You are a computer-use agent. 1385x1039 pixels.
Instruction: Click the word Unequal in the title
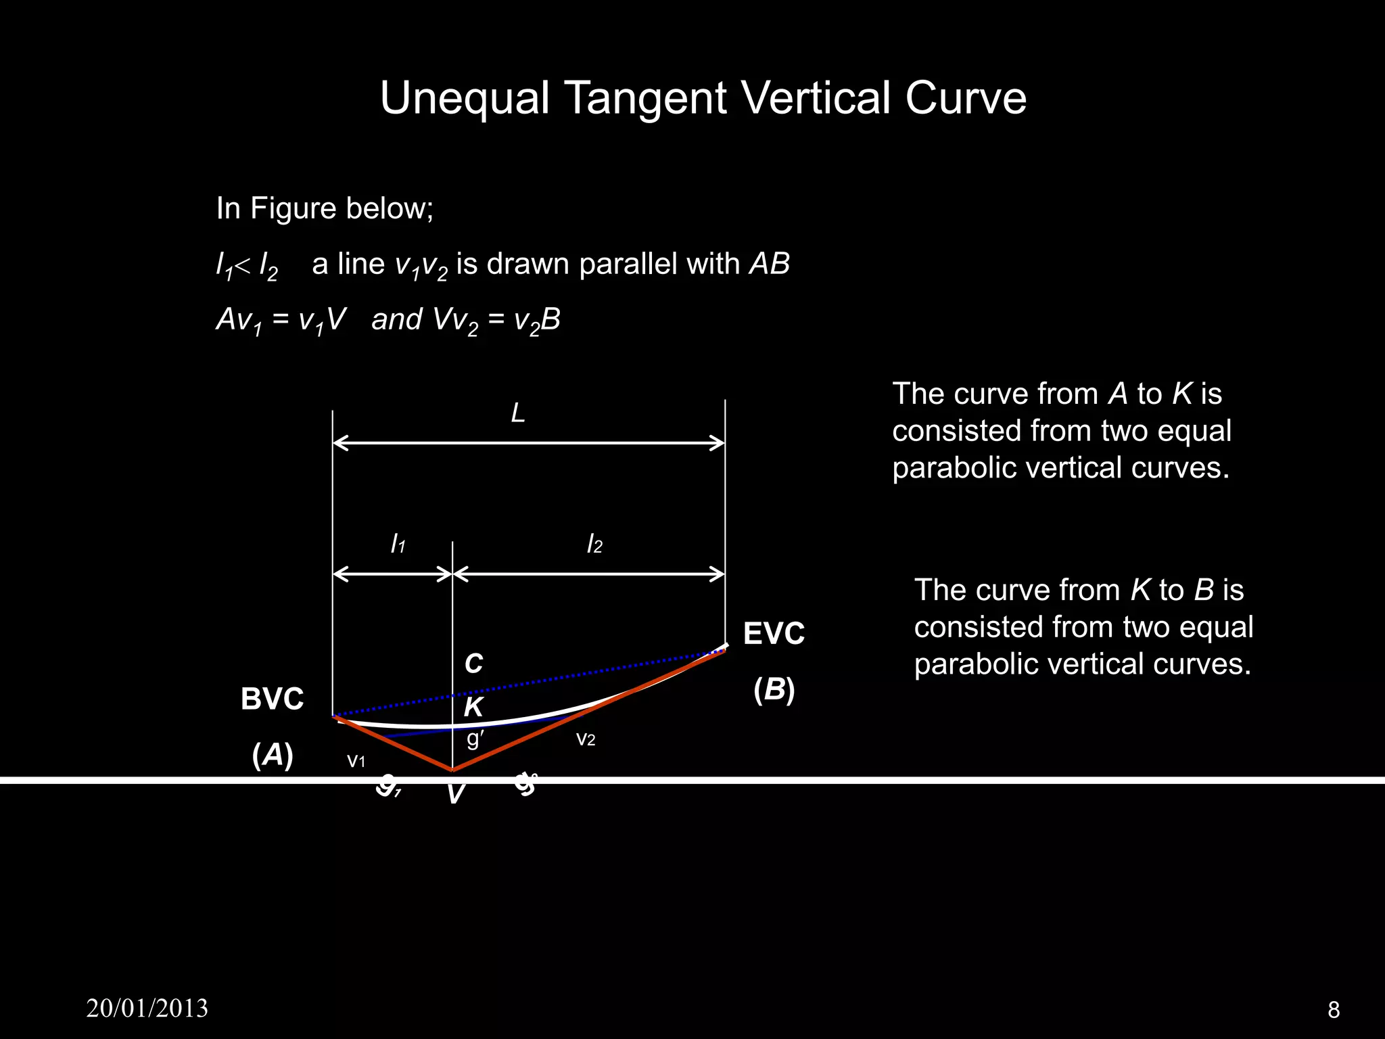(x=464, y=99)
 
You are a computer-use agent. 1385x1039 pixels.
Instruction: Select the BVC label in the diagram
(x=273, y=699)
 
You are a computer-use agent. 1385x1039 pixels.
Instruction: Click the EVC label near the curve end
(x=774, y=634)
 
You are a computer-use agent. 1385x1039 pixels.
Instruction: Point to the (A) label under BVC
(x=273, y=755)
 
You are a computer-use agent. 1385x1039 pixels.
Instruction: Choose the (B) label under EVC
(x=774, y=690)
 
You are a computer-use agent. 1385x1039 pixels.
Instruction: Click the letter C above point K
(x=473, y=664)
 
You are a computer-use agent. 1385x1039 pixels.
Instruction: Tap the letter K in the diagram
(x=473, y=708)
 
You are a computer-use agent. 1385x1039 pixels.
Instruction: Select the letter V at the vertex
(x=456, y=794)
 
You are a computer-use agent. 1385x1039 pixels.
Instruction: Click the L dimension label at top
(x=518, y=413)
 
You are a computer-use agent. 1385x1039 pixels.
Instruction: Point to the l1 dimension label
(x=398, y=544)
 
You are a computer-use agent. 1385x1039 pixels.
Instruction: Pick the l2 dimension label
(x=594, y=544)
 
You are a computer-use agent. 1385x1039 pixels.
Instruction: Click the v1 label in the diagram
(x=356, y=761)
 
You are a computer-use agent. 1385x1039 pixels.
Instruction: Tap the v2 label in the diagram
(x=586, y=739)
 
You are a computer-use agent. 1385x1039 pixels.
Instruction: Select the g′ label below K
(x=475, y=738)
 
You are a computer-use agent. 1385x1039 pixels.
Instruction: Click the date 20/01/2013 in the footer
(x=147, y=1008)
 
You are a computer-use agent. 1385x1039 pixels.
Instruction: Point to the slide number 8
(x=1334, y=1009)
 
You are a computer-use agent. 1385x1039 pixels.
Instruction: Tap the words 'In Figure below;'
(x=325, y=208)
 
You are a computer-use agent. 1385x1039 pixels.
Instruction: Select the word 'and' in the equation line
(x=397, y=319)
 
